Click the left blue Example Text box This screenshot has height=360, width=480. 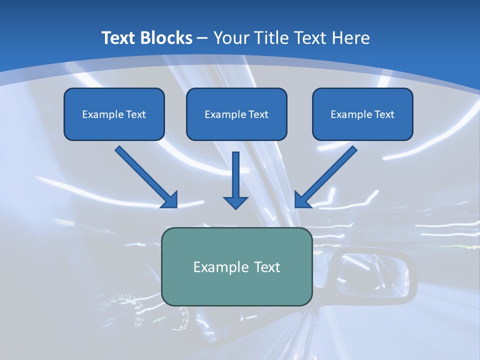point(114,114)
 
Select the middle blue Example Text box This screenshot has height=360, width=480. point(236,114)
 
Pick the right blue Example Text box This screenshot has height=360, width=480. point(362,114)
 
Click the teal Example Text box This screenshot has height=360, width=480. point(236,266)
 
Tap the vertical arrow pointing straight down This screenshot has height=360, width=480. point(235,180)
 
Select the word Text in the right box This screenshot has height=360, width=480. point(384,114)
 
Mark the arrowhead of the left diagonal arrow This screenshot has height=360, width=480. point(170,200)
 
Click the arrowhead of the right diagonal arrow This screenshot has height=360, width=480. point(302,200)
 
